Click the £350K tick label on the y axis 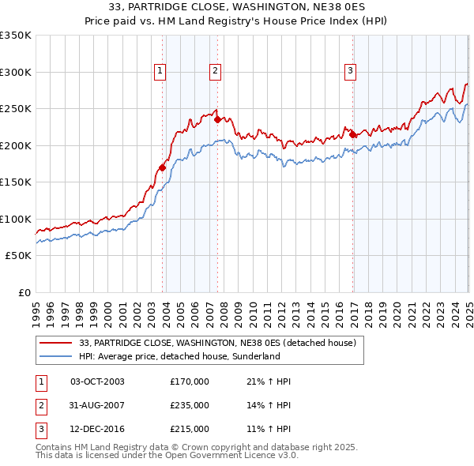pyautogui.click(x=16, y=36)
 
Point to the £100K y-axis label pyautogui.click(x=16, y=219)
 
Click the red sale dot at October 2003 pyautogui.click(x=162, y=167)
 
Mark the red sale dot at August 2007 pyautogui.click(x=217, y=120)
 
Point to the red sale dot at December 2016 pyautogui.click(x=352, y=134)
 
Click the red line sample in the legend pyautogui.click(x=55, y=343)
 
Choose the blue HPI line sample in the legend pyautogui.click(x=55, y=356)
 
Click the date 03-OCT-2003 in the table pyautogui.click(x=97, y=381)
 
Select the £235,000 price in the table pyautogui.click(x=190, y=405)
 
